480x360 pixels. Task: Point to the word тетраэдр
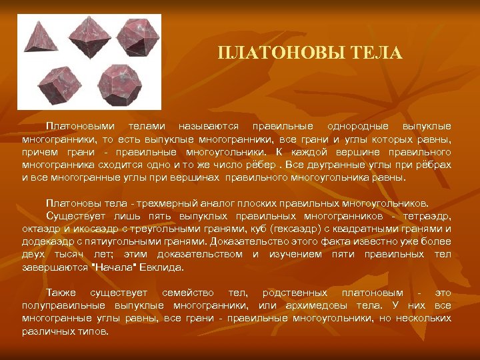pos(427,217)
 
